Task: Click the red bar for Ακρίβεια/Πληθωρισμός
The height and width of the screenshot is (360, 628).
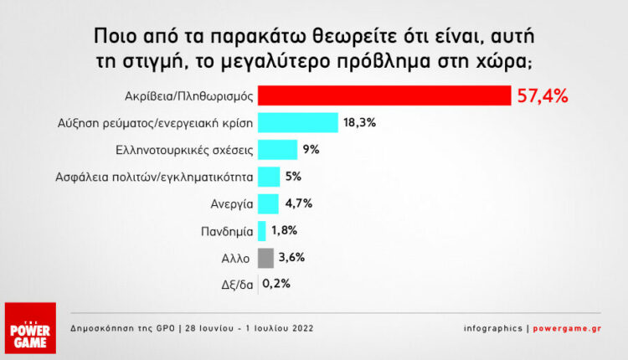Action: coord(384,96)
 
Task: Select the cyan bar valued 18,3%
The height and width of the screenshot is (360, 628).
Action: coord(297,123)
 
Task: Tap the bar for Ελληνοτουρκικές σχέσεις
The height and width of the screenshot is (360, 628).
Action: coord(277,150)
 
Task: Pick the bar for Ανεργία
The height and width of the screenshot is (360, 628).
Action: coord(268,203)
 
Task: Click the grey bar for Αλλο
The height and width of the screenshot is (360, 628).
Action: coord(265,257)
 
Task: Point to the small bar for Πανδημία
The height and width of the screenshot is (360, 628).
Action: coord(262,230)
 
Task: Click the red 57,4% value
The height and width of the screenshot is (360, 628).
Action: coord(543,96)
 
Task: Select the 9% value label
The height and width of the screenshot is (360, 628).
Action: coord(311,150)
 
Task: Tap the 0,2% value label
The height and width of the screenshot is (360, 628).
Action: coord(276,283)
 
